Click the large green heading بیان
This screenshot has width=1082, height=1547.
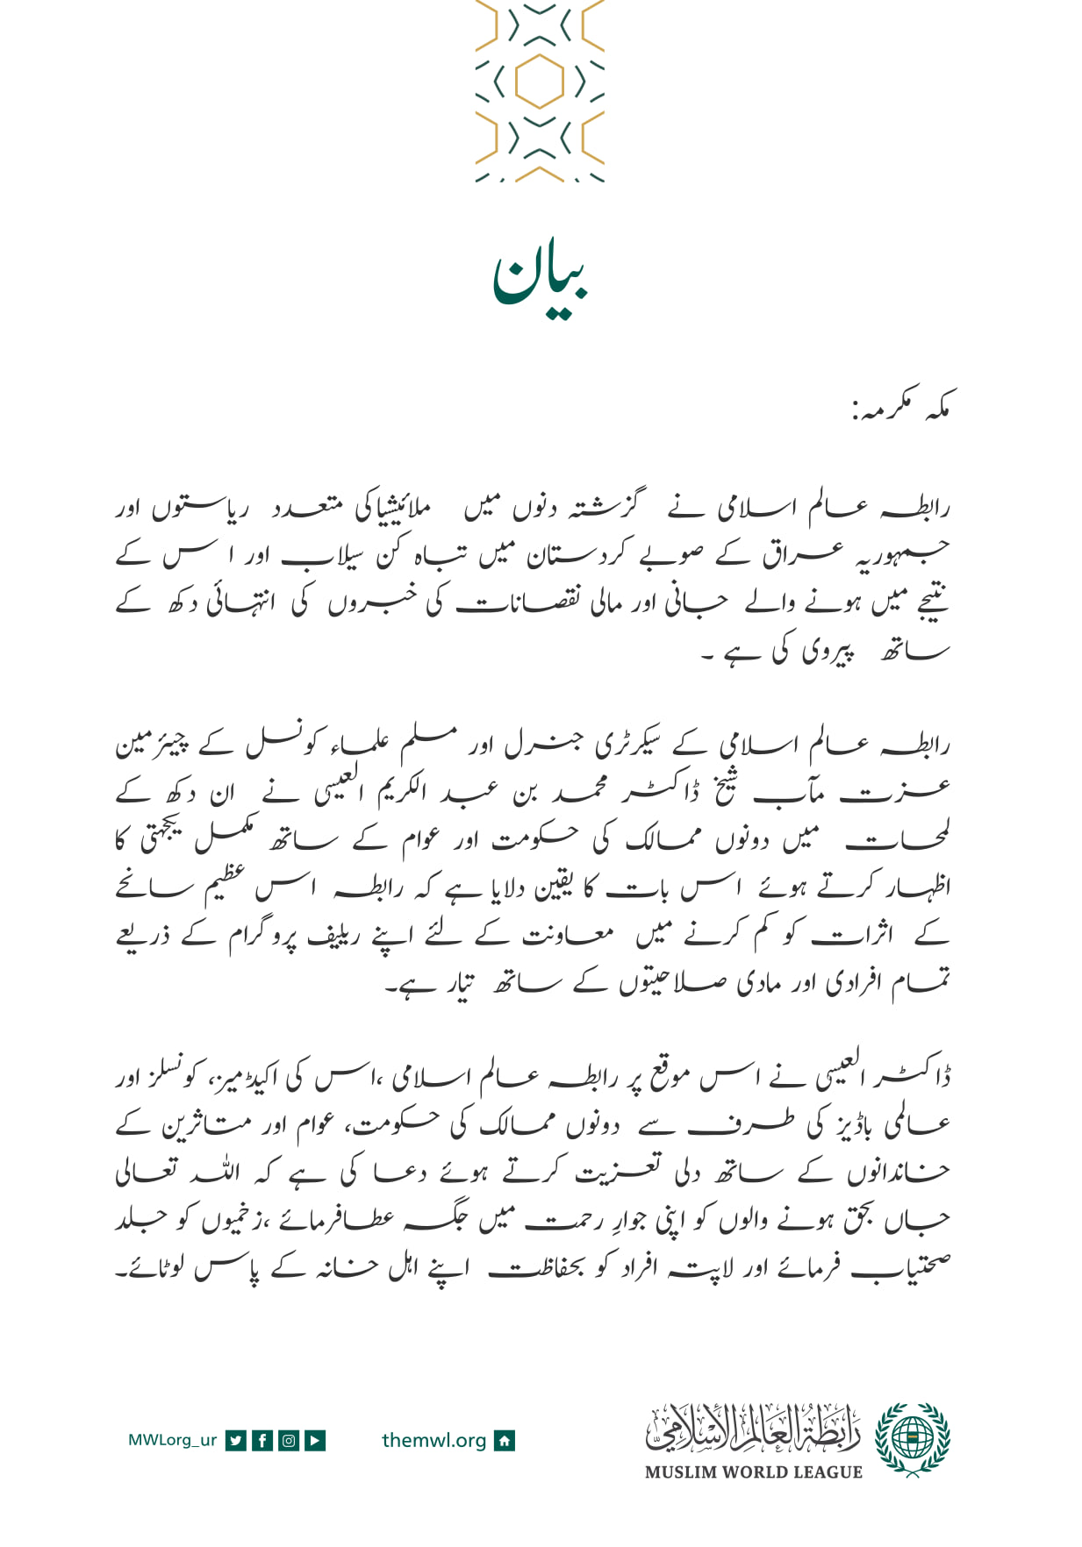540,279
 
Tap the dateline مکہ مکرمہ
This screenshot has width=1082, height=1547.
901,405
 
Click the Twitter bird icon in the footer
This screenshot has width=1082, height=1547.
235,1440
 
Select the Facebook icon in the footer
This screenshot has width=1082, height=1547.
262,1440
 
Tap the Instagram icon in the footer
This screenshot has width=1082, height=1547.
289,1440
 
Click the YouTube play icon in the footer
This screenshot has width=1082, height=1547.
315,1440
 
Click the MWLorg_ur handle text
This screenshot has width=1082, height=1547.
172,1440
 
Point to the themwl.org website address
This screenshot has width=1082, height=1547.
434,1440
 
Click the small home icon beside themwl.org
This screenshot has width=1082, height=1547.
505,1440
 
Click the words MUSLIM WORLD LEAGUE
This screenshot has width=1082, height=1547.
753,1472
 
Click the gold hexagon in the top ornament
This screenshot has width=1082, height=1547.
539,81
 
